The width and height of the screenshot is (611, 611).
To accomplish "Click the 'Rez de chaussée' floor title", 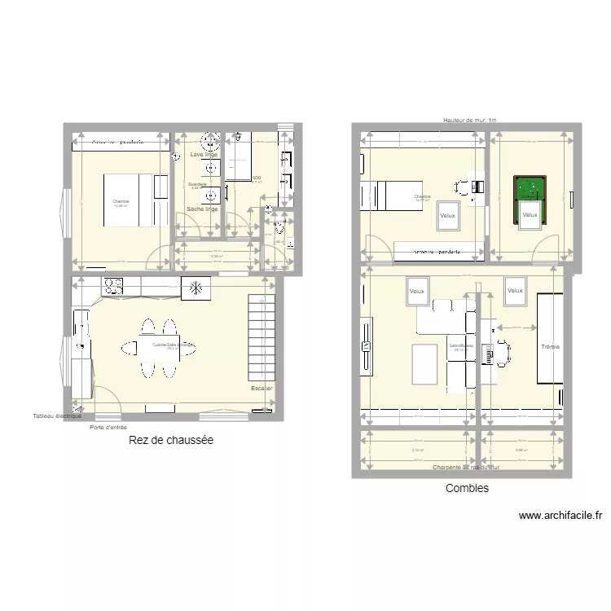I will (171, 440).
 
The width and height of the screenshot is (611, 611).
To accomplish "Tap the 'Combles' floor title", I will (467, 488).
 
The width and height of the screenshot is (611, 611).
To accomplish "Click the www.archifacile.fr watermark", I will (560, 516).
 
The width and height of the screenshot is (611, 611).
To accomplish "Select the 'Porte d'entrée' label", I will (108, 427).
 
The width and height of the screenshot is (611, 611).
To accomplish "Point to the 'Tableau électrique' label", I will (57, 416).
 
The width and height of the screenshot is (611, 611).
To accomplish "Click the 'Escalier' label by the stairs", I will (262, 389).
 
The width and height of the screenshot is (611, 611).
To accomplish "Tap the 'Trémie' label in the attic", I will (550, 347).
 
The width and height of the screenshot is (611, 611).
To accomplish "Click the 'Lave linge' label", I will (204, 154).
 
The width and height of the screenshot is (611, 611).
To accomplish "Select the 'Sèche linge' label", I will (203, 209).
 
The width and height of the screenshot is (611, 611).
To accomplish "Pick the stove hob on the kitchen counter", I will (112, 286).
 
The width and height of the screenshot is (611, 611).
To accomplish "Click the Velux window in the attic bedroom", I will (447, 216).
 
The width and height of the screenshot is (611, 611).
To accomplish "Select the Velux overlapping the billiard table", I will (530, 215).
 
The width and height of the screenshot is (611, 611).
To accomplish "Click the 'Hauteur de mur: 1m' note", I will (469, 120).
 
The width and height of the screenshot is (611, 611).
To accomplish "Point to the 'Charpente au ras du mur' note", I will (466, 468).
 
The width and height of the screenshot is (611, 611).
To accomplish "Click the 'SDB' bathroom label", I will (257, 178).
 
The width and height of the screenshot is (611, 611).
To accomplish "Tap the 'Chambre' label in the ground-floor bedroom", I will (121, 201).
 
